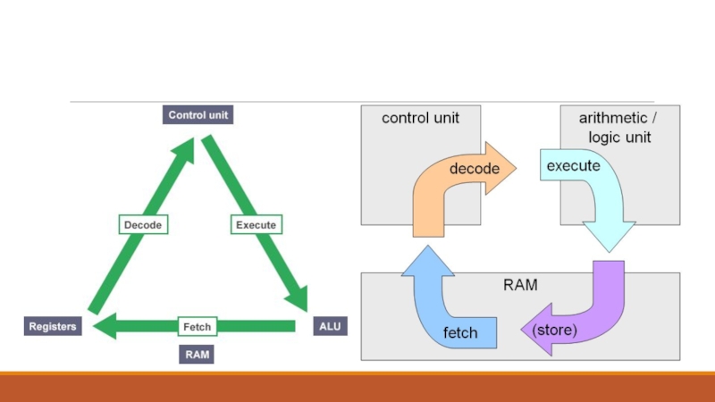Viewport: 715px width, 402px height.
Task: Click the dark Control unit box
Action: coord(199,114)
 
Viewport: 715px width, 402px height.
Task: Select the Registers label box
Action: coord(53,327)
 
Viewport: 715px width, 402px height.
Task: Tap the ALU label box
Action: coord(329,327)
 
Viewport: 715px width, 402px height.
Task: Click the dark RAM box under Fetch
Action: coord(198,355)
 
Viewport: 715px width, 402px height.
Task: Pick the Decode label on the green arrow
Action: coord(143,225)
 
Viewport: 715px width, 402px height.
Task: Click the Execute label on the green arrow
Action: coord(256,225)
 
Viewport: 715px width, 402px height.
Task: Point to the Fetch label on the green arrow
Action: coord(197,327)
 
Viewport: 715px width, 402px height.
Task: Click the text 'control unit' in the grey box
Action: coord(420,118)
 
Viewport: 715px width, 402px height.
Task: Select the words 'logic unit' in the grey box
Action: coord(619,138)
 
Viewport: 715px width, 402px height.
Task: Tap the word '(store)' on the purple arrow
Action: coord(555,330)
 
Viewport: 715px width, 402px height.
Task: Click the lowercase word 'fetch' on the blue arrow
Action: coord(460,333)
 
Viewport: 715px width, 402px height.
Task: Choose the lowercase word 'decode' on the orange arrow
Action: coord(475,168)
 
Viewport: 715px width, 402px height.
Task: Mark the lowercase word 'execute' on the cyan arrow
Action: coord(573,165)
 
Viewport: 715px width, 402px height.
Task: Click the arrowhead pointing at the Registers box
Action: coord(103,327)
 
